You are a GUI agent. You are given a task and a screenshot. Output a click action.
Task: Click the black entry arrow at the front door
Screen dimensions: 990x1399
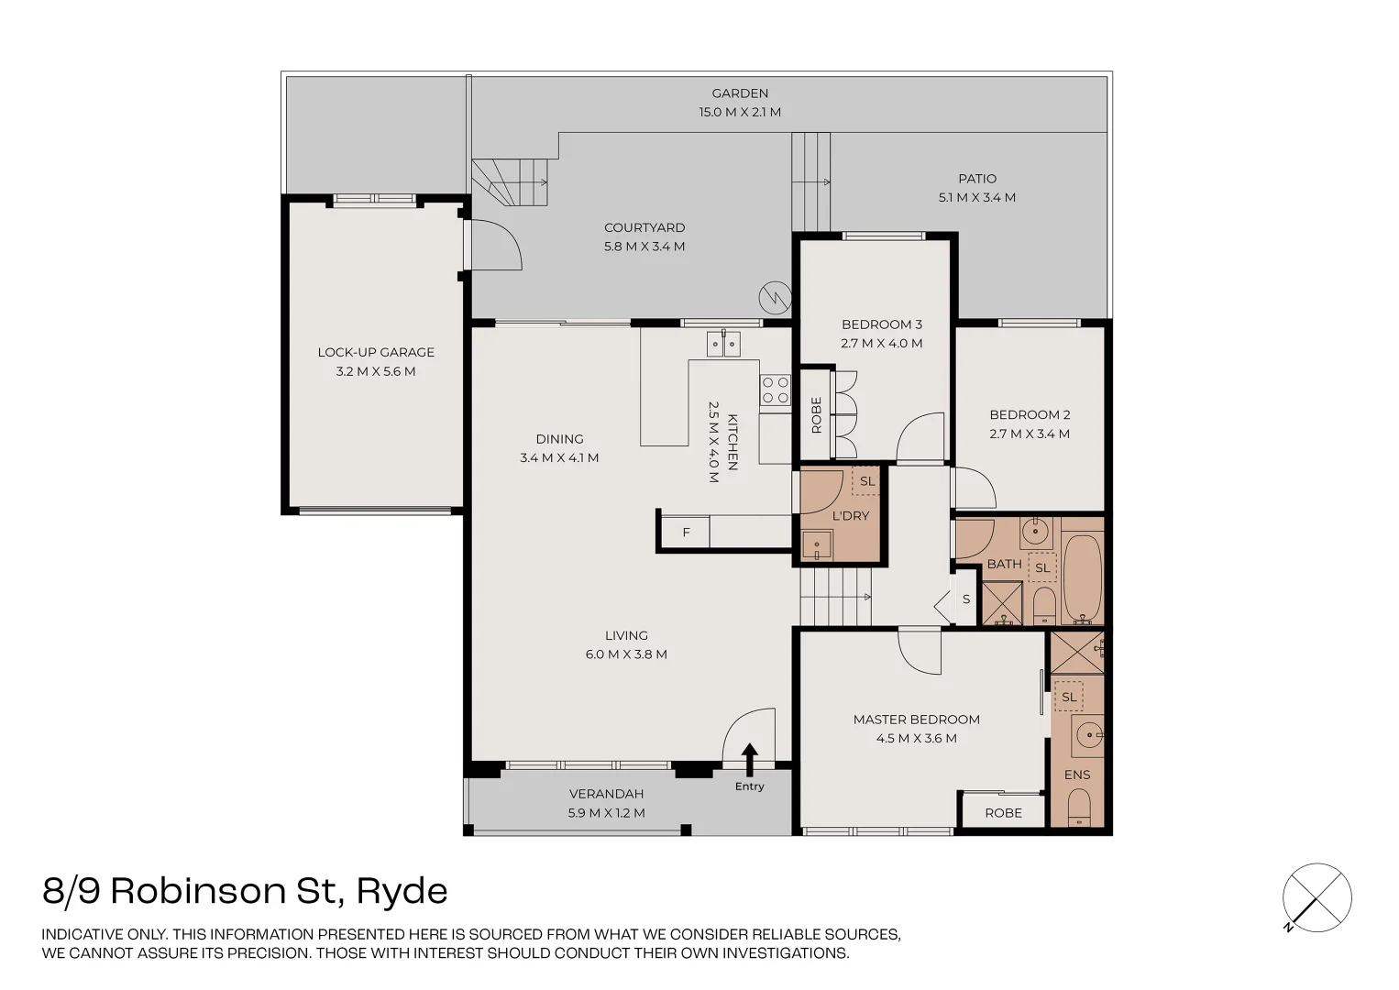749,760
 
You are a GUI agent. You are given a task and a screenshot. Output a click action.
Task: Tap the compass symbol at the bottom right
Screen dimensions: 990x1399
1316,897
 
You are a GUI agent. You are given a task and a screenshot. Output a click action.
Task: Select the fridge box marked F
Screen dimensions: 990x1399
685,533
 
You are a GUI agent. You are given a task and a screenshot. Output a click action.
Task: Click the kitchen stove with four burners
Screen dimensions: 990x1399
775,390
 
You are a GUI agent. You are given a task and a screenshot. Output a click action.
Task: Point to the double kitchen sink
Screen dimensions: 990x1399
722,344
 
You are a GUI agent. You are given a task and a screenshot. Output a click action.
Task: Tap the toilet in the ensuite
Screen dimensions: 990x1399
1079,808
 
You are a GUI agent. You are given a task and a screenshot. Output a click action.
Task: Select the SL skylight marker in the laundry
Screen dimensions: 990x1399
866,481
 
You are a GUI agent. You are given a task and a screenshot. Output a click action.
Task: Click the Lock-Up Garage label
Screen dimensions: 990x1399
376,352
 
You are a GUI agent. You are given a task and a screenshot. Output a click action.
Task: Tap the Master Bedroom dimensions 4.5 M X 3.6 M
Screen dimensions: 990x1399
916,738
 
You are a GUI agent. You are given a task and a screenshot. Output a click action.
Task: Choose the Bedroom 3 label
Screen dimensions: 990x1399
881,324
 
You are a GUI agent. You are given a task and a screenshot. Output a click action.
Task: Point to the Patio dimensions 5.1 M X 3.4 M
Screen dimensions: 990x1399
976,197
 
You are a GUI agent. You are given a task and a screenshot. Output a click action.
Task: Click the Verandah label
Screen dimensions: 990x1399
606,794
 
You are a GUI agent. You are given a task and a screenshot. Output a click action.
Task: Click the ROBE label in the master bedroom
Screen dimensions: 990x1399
1003,813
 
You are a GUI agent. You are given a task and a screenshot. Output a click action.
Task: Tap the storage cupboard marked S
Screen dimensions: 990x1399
965,599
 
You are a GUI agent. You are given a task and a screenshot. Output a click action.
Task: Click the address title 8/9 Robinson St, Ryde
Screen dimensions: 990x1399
245,891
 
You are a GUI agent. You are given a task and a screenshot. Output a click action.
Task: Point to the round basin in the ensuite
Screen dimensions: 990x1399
1088,734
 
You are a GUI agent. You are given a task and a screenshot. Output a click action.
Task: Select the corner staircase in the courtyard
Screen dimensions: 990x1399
512,181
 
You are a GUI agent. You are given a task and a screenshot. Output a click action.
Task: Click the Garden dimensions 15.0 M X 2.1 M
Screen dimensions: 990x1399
740,112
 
